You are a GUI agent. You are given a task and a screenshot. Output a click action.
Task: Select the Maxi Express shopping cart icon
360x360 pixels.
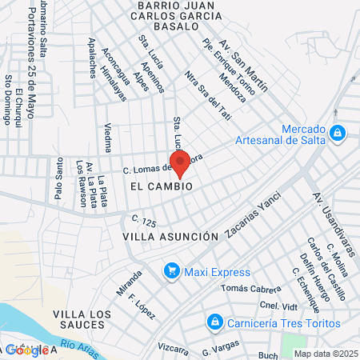(x=170, y=271)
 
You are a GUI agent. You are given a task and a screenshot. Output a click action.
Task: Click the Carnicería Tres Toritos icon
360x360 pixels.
(x=214, y=322)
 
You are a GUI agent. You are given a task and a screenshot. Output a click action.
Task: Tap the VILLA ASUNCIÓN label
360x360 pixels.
(x=170, y=237)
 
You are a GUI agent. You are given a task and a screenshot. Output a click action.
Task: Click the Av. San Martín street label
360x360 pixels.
(x=243, y=64)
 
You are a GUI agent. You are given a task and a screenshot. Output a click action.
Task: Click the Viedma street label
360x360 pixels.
(x=108, y=138)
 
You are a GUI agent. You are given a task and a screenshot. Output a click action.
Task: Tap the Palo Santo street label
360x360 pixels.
(x=58, y=188)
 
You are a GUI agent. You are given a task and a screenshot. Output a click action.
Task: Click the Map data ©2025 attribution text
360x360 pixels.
(x=326, y=354)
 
